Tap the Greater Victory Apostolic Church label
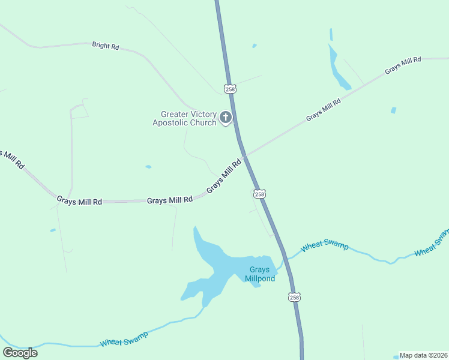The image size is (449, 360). pyautogui.click(x=184, y=118)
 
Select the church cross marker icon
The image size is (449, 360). pyautogui.click(x=226, y=117)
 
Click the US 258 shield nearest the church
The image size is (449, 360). pyautogui.click(x=230, y=89)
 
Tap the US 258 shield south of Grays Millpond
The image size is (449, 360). pyautogui.click(x=294, y=298)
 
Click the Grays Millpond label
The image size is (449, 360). pyautogui.click(x=260, y=274)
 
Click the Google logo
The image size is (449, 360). pyautogui.click(x=20, y=352)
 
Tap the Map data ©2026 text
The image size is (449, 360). pyautogui.click(x=424, y=355)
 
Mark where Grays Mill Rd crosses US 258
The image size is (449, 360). pyautogui.click(x=244, y=156)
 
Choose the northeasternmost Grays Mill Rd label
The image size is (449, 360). pyautogui.click(x=403, y=65)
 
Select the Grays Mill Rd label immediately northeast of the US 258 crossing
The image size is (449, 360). pyautogui.click(x=323, y=110)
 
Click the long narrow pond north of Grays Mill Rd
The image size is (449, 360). pyautogui.click(x=339, y=68)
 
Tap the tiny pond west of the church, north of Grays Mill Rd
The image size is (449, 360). pyautogui.click(x=148, y=167)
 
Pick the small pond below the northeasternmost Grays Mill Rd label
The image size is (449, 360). pyautogui.click(x=393, y=110)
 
